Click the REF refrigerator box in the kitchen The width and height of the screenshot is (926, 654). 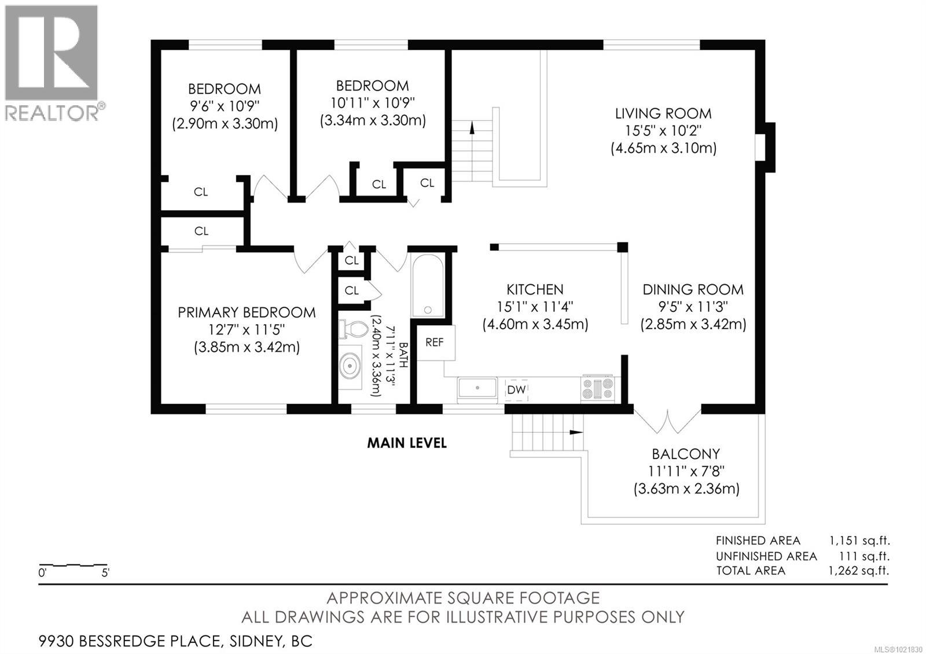click(x=435, y=342)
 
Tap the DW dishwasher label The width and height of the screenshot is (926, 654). click(x=516, y=390)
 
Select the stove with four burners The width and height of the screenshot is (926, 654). click(x=597, y=388)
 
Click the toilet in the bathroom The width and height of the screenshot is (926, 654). click(x=354, y=329)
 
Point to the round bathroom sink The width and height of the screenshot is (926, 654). click(x=350, y=366)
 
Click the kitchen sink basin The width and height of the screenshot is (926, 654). click(x=477, y=388)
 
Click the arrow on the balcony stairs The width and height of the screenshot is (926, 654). click(x=576, y=432)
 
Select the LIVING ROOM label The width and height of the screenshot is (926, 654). click(x=663, y=113)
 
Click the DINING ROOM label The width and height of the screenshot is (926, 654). click(x=693, y=289)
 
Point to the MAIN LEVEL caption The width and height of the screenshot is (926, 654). click(x=407, y=443)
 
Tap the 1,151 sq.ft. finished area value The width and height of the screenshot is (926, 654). click(x=859, y=541)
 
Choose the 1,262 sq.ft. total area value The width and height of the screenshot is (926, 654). click(x=859, y=571)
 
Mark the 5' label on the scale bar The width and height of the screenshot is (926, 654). click(x=105, y=573)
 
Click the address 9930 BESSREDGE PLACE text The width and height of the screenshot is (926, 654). click(x=129, y=641)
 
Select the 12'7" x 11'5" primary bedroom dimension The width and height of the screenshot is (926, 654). click(x=247, y=330)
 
